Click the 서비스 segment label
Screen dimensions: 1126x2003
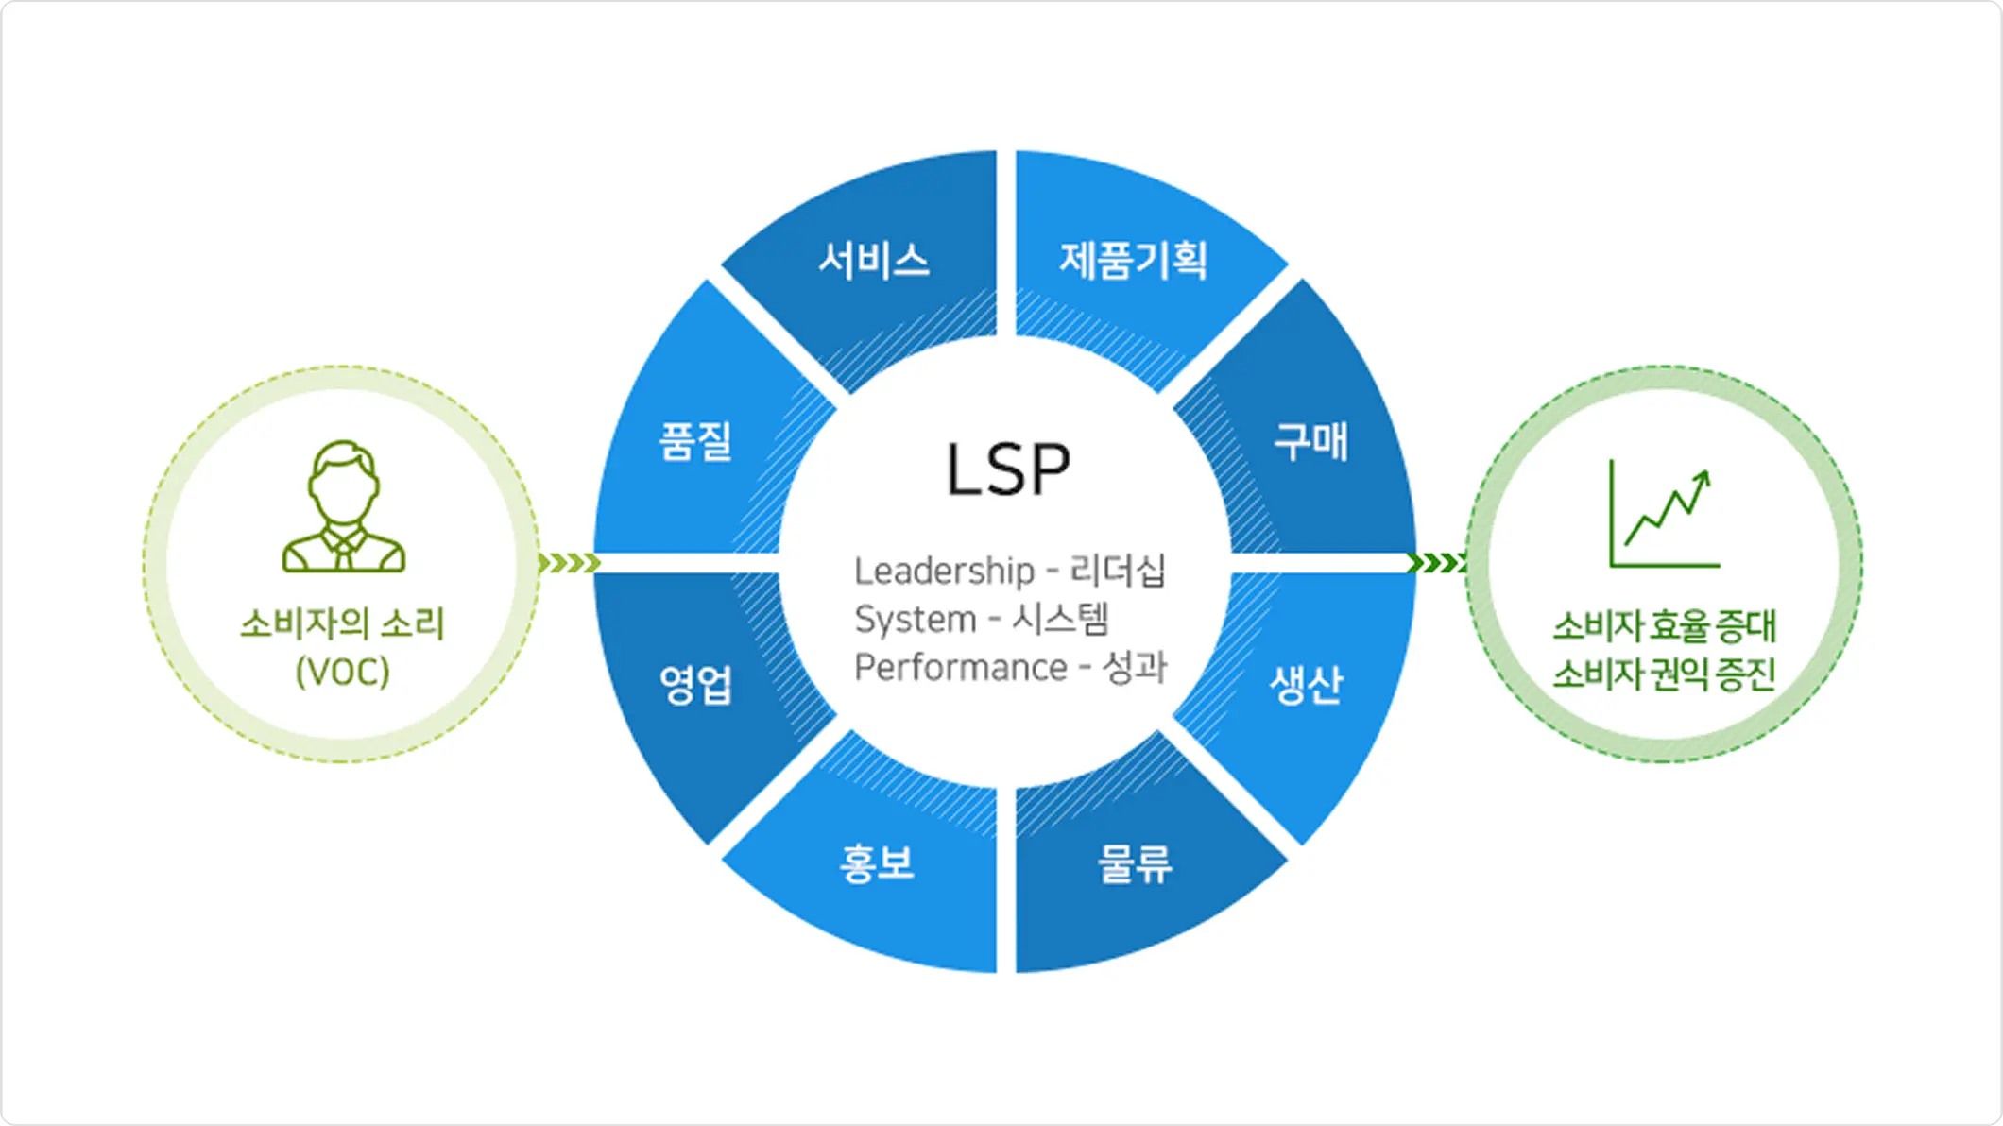874,261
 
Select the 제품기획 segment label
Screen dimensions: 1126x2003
1133,261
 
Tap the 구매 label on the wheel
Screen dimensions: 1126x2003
1310,442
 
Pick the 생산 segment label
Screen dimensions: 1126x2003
1307,684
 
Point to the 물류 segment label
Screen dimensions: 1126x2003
1135,863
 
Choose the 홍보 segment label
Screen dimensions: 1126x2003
877,863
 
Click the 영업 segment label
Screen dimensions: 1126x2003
696,684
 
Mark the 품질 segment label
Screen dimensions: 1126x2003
696,441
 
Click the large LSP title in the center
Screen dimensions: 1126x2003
1007,469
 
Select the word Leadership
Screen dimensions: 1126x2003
944,572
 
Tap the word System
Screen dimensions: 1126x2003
915,620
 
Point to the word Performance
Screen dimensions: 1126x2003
960,668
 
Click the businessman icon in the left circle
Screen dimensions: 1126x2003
344,507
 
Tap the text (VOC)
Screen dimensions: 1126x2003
342,672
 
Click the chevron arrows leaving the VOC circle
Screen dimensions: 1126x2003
569,564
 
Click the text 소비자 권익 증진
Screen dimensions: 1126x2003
1664,674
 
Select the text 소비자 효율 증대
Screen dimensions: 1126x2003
1664,625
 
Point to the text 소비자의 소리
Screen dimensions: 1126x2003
342,623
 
